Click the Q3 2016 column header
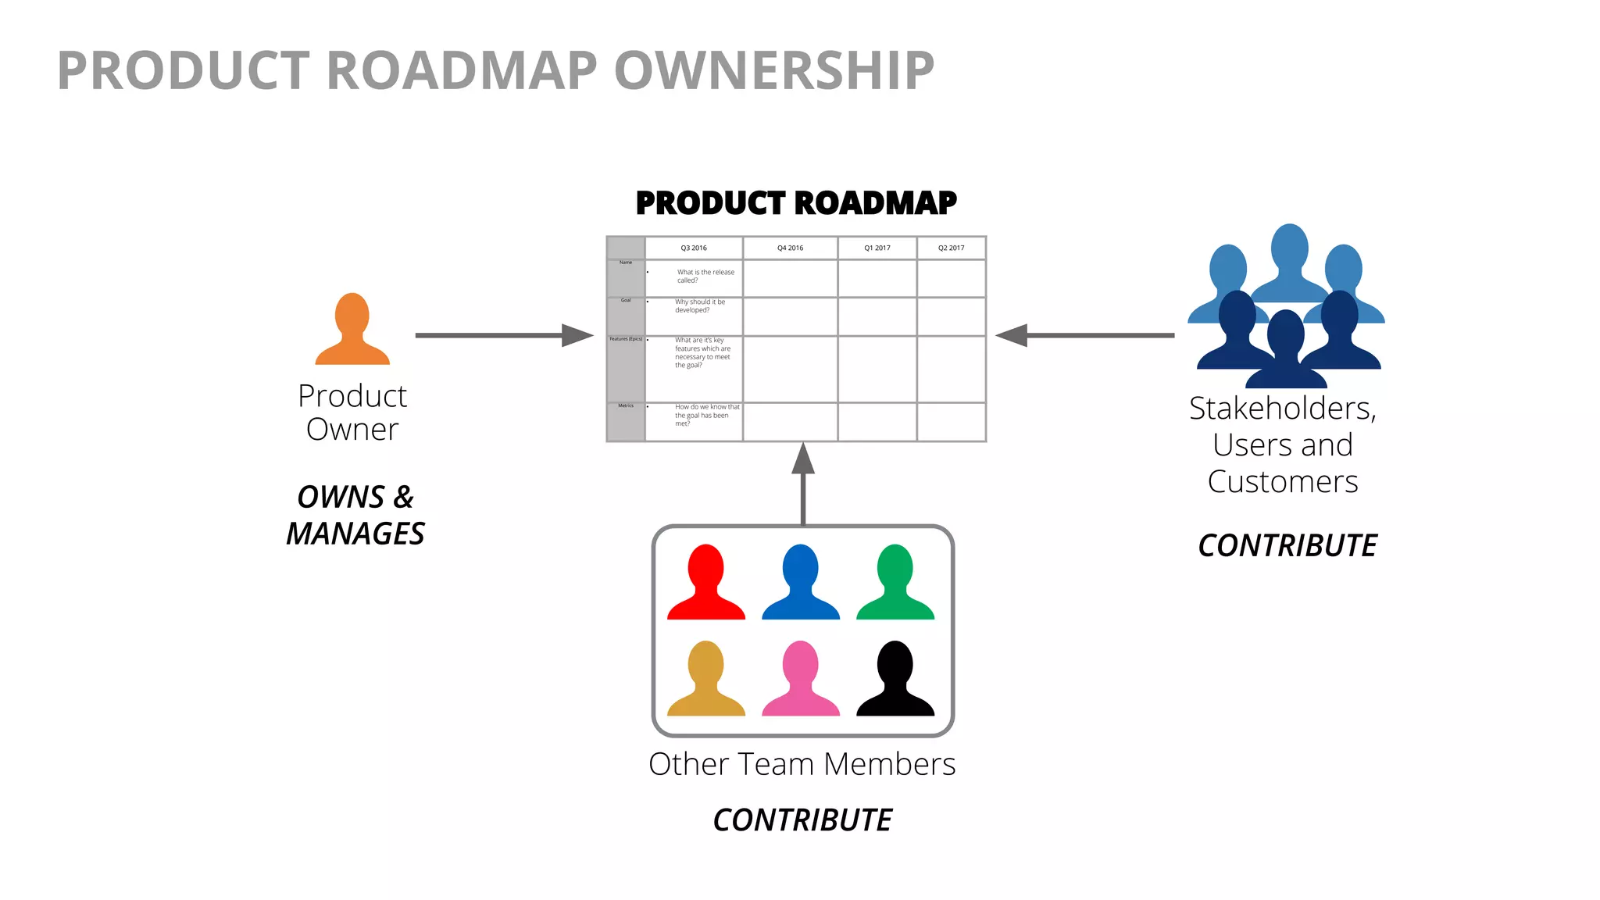point(694,248)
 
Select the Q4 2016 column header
point(790,248)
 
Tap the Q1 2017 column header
point(877,248)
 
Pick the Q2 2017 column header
point(951,248)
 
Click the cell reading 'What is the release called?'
point(705,277)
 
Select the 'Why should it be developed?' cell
point(699,306)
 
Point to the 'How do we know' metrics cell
point(706,416)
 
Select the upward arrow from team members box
point(803,484)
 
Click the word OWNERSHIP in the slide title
point(774,71)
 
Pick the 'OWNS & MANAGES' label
point(355,516)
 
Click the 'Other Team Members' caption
point(802,764)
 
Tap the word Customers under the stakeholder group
point(1283,482)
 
